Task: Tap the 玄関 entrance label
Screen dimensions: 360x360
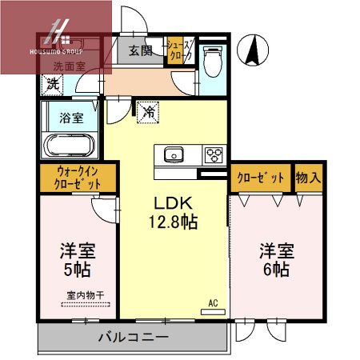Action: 140,52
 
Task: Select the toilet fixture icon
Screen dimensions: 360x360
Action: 212,59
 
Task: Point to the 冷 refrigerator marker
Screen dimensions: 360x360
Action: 149,112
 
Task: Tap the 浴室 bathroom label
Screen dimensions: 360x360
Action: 70,118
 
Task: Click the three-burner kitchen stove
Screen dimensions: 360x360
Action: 214,154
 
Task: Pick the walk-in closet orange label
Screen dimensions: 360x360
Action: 78,177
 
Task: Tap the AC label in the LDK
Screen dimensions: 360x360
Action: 213,303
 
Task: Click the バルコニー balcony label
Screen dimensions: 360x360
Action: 133,337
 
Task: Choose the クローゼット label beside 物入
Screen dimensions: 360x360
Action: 260,178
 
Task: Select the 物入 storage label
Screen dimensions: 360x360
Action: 308,178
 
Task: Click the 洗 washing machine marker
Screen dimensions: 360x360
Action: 53,83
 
